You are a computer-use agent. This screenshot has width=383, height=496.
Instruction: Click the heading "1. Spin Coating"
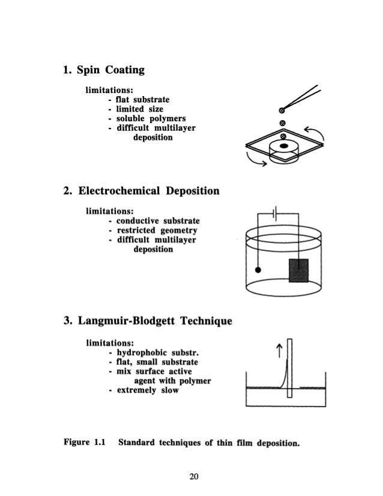pos(104,71)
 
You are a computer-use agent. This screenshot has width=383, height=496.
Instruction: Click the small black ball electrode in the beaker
pos(258,270)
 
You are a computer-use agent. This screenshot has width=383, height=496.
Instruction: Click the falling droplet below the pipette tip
pos(282,123)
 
